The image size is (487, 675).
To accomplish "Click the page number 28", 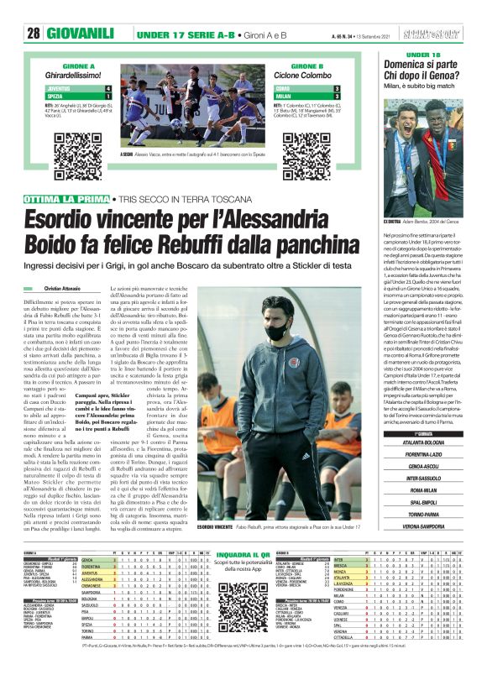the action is point(34,33).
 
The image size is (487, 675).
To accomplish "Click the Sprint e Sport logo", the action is point(453,33).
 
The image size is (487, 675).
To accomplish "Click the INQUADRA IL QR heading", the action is point(243,555).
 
